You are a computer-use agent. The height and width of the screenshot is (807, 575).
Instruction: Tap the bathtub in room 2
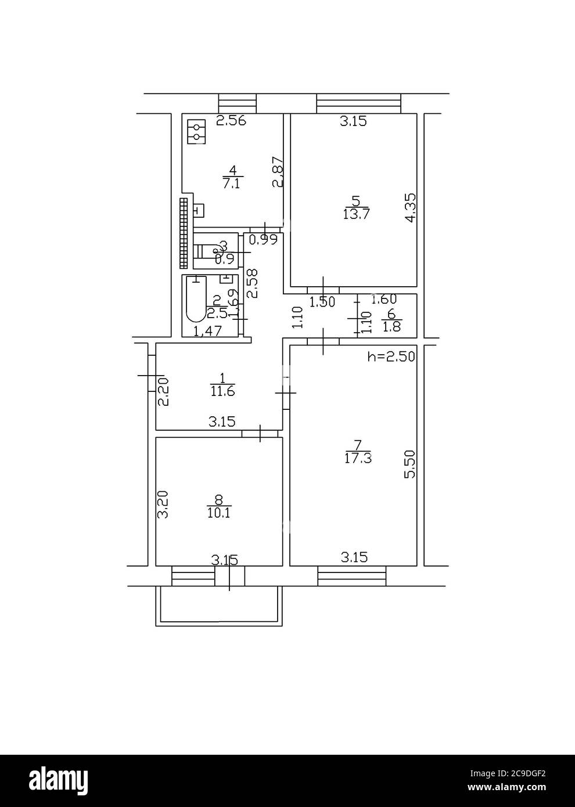click(x=196, y=299)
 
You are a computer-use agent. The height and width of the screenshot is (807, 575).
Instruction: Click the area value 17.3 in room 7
click(x=358, y=458)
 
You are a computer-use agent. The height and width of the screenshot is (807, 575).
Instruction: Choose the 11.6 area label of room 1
click(x=222, y=391)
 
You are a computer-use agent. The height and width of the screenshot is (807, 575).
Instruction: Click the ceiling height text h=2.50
click(x=391, y=356)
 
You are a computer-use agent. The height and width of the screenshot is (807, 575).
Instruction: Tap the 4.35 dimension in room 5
click(x=410, y=208)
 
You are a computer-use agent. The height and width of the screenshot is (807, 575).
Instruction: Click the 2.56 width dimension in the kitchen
click(x=231, y=121)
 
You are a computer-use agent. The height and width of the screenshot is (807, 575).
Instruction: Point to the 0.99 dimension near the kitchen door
click(x=263, y=239)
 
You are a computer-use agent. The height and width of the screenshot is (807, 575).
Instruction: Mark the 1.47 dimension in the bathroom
click(x=207, y=332)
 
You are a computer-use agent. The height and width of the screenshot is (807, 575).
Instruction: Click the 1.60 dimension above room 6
click(x=383, y=300)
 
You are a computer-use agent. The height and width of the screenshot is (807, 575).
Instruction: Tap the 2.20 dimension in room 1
click(x=164, y=392)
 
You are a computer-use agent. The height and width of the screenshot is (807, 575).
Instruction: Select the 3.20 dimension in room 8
click(x=164, y=505)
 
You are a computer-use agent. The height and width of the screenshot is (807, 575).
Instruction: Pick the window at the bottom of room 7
click(x=352, y=577)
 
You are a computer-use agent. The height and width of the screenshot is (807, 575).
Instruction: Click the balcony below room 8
click(x=219, y=607)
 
